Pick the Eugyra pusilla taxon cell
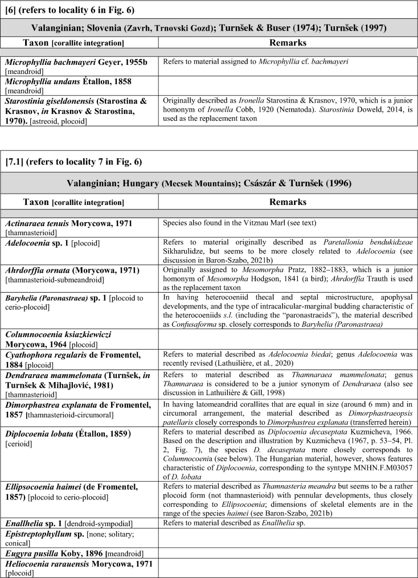pos(80,553)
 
